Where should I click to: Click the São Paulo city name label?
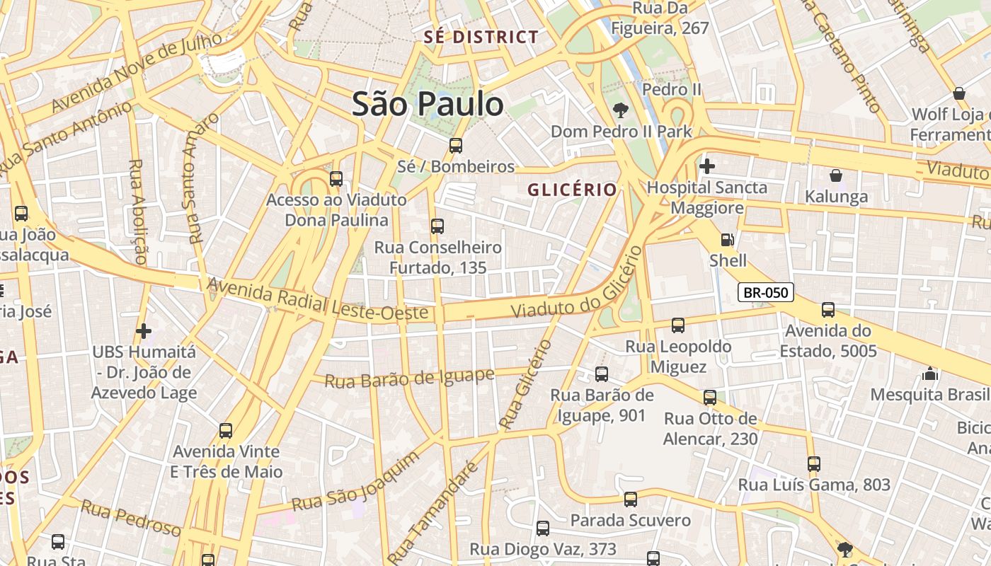tap(428, 104)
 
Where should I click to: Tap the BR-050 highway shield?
tap(766, 292)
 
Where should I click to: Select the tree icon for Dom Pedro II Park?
tap(621, 110)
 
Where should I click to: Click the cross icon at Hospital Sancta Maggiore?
tap(706, 166)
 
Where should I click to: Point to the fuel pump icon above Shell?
tap(727, 240)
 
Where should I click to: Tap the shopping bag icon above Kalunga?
tap(835, 175)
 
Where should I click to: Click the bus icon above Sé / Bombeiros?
tap(456, 146)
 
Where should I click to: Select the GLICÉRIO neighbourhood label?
tap(572, 190)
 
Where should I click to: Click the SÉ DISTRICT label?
tap(481, 37)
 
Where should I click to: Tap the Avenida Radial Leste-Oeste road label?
tap(318, 299)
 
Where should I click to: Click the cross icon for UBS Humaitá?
tap(144, 330)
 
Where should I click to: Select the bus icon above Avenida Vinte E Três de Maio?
tap(226, 430)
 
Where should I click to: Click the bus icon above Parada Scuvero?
tap(630, 499)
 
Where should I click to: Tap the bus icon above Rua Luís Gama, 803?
tap(814, 464)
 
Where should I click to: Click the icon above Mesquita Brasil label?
tap(930, 374)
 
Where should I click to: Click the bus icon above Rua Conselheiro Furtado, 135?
tap(437, 226)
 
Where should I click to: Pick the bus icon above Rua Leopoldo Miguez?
tap(677, 325)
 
